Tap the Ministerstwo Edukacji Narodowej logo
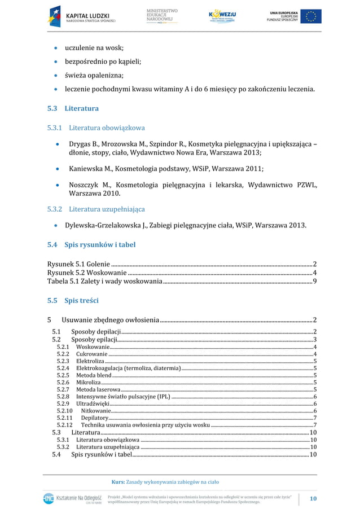pos(162,16)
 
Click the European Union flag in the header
pos(310,16)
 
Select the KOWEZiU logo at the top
pos(222,16)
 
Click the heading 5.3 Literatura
pos(73,108)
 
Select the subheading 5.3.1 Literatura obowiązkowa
pos(96,128)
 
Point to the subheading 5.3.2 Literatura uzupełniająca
pos(96,209)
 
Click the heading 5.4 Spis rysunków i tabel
pos(91,245)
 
